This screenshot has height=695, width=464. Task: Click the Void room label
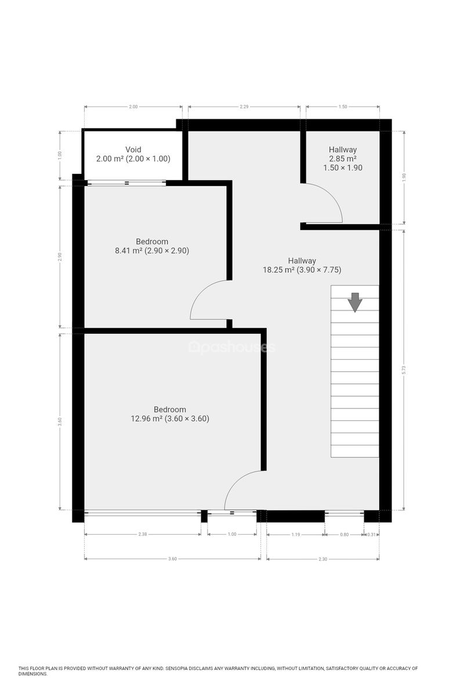pos(133,149)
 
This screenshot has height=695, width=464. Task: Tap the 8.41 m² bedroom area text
pos(152,250)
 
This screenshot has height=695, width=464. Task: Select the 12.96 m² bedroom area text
pos(170,419)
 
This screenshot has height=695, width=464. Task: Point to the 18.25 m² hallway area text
pos(302,270)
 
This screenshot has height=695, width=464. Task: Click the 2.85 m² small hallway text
pos(342,159)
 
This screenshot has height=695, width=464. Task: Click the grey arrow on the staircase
pos(355,302)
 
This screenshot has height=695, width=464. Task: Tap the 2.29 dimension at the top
pos(244,107)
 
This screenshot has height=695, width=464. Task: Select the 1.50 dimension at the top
pos(342,107)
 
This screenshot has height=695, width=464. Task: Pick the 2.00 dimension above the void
pos(133,107)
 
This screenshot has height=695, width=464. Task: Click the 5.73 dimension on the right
pos(404,370)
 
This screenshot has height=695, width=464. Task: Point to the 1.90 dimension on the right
pos(404,177)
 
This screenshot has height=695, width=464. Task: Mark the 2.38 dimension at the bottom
pos(142,534)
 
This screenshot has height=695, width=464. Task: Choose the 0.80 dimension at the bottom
pos(344,534)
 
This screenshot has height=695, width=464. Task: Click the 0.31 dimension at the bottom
pos(371,534)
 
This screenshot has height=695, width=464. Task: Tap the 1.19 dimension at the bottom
pos(296,534)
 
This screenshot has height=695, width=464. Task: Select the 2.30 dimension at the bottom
pos(322,559)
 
